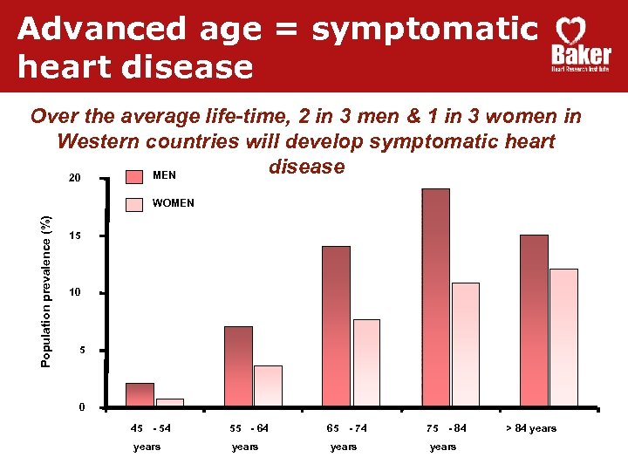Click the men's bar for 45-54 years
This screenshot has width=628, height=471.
pyautogui.click(x=140, y=395)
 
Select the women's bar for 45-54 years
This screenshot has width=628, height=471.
pyautogui.click(x=169, y=402)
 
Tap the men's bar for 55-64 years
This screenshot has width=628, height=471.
pyautogui.click(x=238, y=366)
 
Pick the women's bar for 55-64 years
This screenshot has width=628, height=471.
pyautogui.click(x=268, y=386)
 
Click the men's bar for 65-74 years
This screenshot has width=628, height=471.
pyautogui.click(x=336, y=326)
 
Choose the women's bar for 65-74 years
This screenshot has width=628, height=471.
pyautogui.click(x=366, y=363)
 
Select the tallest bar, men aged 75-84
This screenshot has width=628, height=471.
pyautogui.click(x=435, y=297)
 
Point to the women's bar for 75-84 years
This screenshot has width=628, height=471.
pyautogui.click(x=465, y=345)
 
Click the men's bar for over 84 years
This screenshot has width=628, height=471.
pyautogui.click(x=534, y=320)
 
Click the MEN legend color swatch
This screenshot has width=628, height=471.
pyautogui.click(x=135, y=176)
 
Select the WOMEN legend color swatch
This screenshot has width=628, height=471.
pyautogui.click(x=135, y=204)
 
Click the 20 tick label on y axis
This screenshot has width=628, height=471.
pyautogui.click(x=75, y=179)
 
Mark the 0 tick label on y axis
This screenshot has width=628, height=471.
pyautogui.click(x=81, y=408)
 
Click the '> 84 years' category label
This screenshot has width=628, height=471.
pyautogui.click(x=530, y=428)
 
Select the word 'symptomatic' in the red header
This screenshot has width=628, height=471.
pyautogui.click(x=425, y=29)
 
